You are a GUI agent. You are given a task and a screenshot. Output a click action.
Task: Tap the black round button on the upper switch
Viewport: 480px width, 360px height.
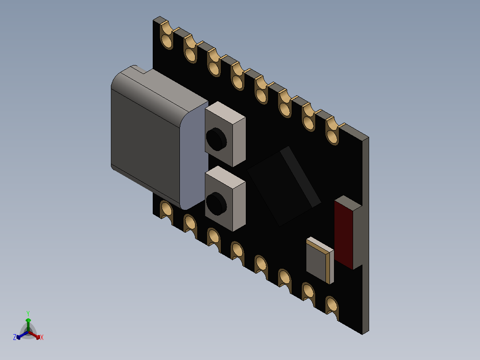[x=216, y=138]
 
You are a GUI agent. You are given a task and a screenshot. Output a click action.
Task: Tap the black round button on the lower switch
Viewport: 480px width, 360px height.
[x=216, y=202]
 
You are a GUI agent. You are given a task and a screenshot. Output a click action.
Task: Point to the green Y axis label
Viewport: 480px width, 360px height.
[x=28, y=313]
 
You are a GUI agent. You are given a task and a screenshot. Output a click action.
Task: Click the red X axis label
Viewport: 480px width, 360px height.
[x=42, y=338]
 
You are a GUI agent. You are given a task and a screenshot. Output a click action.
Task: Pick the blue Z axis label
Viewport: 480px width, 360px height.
[x=15, y=337]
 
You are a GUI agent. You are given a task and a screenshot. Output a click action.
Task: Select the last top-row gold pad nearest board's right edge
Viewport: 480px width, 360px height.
[x=332, y=136]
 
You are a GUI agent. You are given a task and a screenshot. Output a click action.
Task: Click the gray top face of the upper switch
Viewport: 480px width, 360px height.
[x=225, y=112]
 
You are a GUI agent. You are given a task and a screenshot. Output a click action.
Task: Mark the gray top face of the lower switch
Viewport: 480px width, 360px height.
[x=225, y=176]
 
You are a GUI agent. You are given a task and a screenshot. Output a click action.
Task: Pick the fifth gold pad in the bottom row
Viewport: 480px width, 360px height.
[x=261, y=264]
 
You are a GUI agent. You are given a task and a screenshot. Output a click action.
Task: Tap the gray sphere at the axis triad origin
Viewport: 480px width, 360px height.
[x=28, y=332]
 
